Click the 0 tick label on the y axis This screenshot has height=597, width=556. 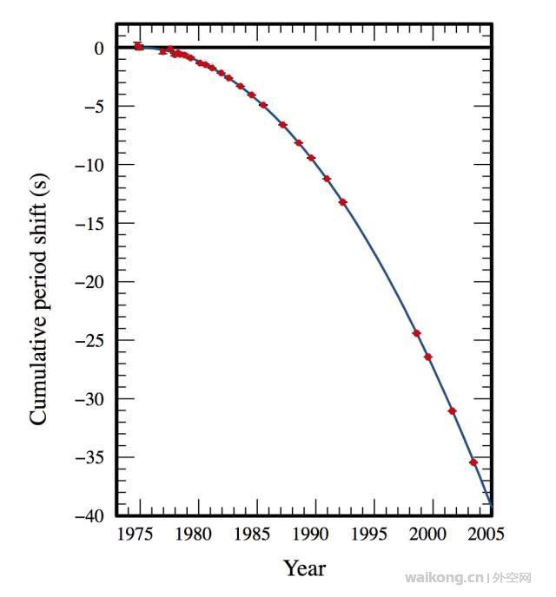[99, 49]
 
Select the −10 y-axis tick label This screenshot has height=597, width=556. [91, 165]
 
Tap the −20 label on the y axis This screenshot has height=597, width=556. [91, 282]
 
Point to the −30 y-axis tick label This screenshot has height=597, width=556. [91, 399]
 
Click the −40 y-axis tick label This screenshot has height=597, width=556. [91, 516]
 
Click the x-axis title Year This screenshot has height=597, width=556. [304, 569]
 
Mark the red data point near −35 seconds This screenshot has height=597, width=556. [473, 463]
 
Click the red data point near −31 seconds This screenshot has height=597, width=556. [452, 410]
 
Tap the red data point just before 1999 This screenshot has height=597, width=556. [416, 333]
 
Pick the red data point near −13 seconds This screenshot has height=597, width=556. [342, 202]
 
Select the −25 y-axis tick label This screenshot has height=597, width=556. [91, 340]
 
